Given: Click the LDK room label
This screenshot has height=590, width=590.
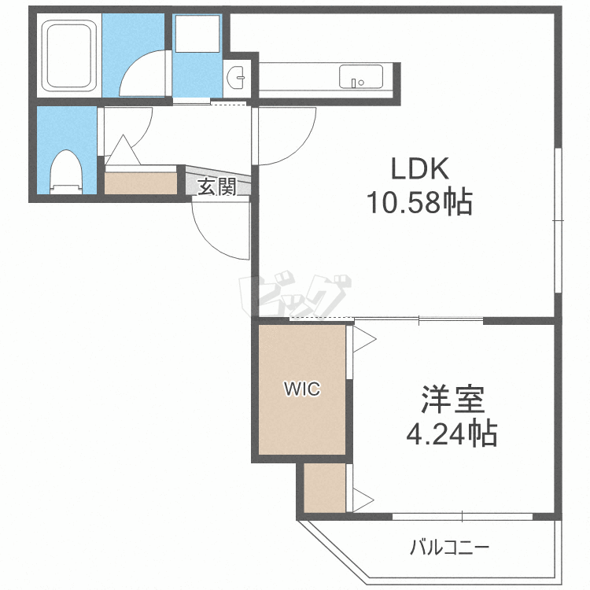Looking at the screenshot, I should pyautogui.click(x=420, y=169).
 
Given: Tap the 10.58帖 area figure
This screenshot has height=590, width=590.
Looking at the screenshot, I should pyautogui.click(x=419, y=203).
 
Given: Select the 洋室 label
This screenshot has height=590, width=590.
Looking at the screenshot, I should pyautogui.click(x=451, y=400).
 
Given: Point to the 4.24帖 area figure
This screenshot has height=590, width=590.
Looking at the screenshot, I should pyautogui.click(x=451, y=432).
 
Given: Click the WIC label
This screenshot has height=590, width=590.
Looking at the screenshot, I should pyautogui.click(x=303, y=389).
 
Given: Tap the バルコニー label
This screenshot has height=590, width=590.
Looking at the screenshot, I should pyautogui.click(x=450, y=546).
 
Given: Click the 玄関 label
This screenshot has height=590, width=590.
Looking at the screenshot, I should pyautogui.click(x=217, y=187).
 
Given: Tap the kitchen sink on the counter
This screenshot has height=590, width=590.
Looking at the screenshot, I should pyautogui.click(x=361, y=77).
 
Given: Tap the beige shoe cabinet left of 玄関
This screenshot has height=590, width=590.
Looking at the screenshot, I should pyautogui.click(x=142, y=183).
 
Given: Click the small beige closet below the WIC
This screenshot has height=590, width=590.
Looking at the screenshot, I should pyautogui.click(x=325, y=488).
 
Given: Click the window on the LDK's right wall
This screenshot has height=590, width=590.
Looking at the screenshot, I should pyautogui.click(x=558, y=220).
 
